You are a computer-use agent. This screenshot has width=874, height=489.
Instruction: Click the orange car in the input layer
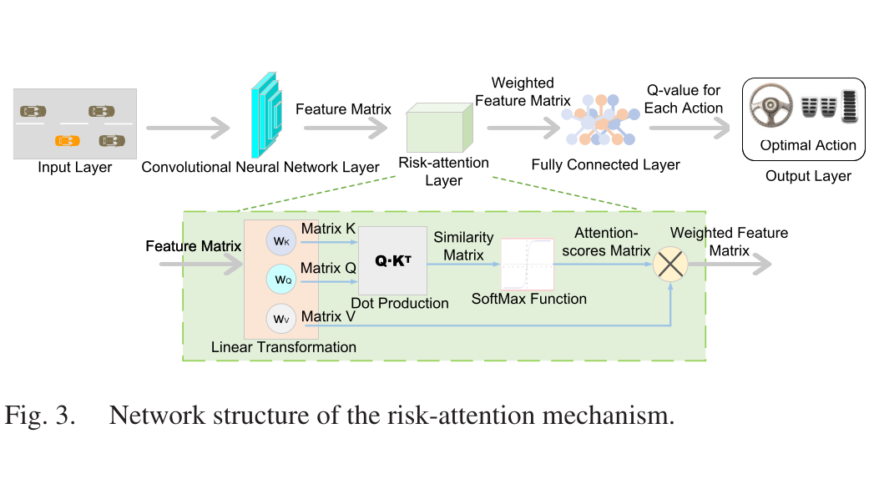[67, 141]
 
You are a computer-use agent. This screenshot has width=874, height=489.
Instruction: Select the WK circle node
[281, 240]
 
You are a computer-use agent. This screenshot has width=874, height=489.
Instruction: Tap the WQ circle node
[281, 279]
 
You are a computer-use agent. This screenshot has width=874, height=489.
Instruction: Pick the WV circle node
[281, 319]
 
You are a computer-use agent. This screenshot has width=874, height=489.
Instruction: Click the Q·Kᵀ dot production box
[392, 260]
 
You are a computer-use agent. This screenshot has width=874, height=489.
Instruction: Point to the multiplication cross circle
[670, 264]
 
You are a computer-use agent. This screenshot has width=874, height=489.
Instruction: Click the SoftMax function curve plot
[528, 264]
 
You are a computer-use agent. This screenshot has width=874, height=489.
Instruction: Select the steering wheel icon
[770, 104]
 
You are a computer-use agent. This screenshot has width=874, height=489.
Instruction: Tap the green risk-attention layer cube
[440, 128]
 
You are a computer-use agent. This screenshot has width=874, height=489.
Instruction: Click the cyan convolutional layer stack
[266, 114]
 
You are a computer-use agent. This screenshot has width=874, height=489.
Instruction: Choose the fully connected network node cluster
[599, 120]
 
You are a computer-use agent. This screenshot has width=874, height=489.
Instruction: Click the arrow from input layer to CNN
[188, 129]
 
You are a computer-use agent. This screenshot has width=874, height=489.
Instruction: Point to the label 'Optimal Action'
[808, 145]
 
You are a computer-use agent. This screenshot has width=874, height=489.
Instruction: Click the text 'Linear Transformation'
[284, 347]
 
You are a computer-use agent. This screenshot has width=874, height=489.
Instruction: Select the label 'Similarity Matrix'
[464, 246]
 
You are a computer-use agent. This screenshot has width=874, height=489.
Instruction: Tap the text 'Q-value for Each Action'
[684, 99]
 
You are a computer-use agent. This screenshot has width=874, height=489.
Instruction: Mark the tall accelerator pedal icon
[850, 106]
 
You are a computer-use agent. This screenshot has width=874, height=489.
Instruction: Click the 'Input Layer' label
[74, 168]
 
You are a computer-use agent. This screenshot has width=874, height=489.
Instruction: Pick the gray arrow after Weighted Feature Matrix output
[730, 264]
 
